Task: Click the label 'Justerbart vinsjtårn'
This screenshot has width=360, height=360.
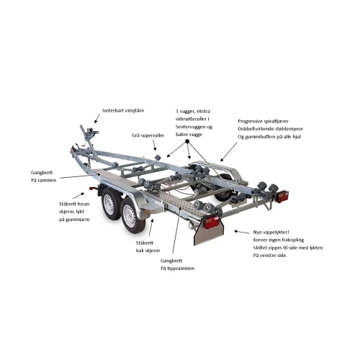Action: coord(123,111)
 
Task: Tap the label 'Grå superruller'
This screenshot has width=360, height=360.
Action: coord(148,135)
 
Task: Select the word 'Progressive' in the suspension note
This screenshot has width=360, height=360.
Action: coord(250,122)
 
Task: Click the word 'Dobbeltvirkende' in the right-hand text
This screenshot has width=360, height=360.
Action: coord(255,129)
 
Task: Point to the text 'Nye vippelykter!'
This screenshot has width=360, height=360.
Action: coord(271,233)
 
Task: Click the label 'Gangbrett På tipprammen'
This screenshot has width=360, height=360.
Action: coord(177,264)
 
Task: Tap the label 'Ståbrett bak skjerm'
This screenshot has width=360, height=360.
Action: coord(148,247)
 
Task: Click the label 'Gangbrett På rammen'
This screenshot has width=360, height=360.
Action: coord(43,176)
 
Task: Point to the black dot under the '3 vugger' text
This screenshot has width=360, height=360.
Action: coord(187,141)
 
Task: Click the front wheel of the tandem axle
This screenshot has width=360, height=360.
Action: coord(111,204)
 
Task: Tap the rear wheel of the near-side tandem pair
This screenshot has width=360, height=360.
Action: coord(132,217)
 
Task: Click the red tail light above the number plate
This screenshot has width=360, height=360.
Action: coord(211,222)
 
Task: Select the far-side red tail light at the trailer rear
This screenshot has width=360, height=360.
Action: coord(282,197)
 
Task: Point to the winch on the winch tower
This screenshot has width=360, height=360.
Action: coord(89,135)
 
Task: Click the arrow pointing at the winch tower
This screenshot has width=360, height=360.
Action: coord(97,118)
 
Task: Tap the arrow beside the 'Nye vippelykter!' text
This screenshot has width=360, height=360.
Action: coord(242,232)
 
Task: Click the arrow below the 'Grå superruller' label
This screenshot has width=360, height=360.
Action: coord(154,145)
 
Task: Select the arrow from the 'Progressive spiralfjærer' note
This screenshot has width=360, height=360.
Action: coord(229,152)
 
